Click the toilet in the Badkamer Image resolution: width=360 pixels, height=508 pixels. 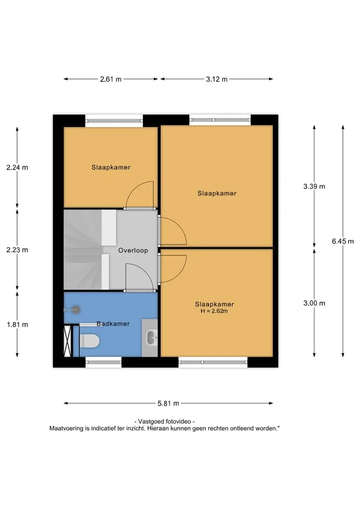click(x=89, y=341)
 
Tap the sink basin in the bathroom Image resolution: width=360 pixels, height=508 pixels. click(x=151, y=338)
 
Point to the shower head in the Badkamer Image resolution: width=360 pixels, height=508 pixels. click(x=75, y=310)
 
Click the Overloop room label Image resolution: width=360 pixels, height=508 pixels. click(x=133, y=250)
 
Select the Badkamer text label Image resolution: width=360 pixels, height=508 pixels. click(x=113, y=324)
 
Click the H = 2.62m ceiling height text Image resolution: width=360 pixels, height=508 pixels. click(x=214, y=311)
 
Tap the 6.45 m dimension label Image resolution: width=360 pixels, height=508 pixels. click(x=343, y=241)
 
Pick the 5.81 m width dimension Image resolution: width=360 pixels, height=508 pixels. click(x=168, y=404)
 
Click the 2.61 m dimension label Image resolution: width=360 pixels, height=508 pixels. click(x=110, y=79)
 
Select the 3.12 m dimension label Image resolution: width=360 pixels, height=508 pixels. click(x=216, y=79)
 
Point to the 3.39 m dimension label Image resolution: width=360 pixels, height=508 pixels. click(x=314, y=186)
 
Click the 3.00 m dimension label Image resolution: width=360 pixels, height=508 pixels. click(x=314, y=303)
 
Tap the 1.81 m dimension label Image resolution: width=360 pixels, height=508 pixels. click(x=17, y=325)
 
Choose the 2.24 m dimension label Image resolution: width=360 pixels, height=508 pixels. click(x=17, y=167)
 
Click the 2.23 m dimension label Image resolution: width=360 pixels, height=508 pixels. click(x=17, y=250)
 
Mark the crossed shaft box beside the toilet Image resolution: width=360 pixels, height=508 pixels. click(x=67, y=341)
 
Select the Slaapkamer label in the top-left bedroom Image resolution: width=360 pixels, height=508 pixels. click(x=111, y=167)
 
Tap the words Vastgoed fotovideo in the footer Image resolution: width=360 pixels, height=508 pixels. click(x=165, y=422)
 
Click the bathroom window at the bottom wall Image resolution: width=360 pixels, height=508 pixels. click(x=103, y=362)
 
